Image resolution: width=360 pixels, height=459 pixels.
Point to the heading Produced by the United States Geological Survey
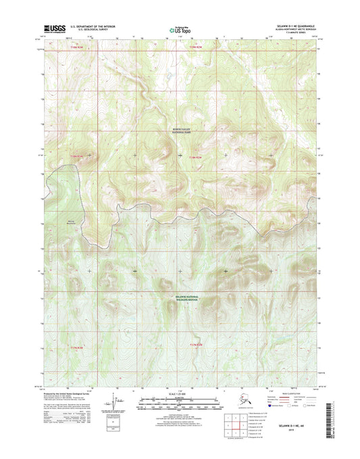[68, 395]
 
